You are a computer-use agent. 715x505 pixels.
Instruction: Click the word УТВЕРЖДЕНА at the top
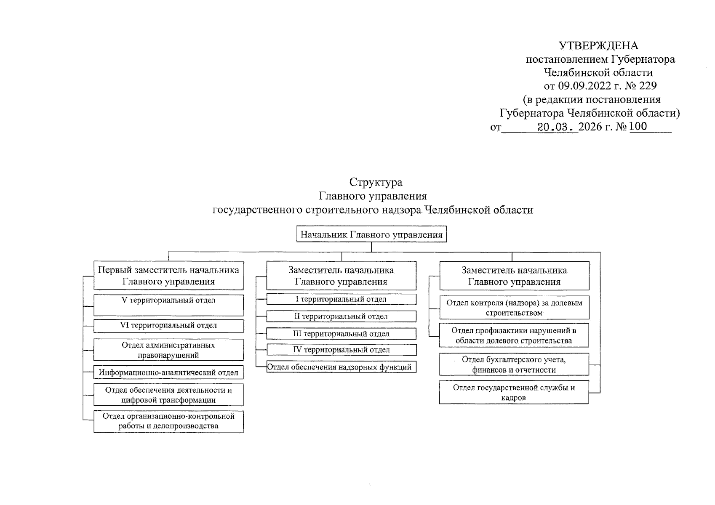pyautogui.click(x=598, y=45)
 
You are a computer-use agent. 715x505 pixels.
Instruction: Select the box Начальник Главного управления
pyautogui.click(x=371, y=235)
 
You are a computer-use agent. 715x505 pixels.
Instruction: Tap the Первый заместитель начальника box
pyautogui.click(x=168, y=276)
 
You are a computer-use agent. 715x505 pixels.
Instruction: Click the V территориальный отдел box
pyautogui.click(x=168, y=305)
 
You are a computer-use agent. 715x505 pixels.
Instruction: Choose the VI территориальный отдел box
pyautogui.click(x=168, y=326)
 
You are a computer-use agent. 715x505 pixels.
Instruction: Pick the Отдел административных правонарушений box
pyautogui.click(x=168, y=350)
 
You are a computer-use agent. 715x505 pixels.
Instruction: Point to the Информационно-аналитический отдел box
pyautogui.click(x=168, y=372)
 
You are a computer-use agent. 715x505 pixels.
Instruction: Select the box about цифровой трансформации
pyautogui.click(x=168, y=395)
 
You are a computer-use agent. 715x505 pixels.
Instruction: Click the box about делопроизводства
pyautogui.click(x=168, y=421)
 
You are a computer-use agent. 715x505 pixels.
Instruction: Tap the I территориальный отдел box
pyautogui.click(x=341, y=299)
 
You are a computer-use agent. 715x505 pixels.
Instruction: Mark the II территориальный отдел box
pyautogui.click(x=341, y=316)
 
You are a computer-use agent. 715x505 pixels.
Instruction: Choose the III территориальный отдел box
pyautogui.click(x=341, y=334)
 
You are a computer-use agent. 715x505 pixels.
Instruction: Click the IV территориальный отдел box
pyautogui.click(x=341, y=350)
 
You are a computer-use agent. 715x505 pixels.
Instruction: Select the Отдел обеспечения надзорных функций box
pyautogui.click(x=341, y=367)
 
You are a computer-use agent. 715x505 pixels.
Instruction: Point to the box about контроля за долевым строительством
pyautogui.click(x=514, y=308)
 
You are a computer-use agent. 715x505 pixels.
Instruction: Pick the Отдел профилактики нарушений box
pyautogui.click(x=514, y=335)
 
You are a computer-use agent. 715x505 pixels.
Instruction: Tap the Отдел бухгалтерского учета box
pyautogui.click(x=514, y=364)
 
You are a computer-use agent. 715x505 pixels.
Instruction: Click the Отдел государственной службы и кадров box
pyautogui.click(x=514, y=392)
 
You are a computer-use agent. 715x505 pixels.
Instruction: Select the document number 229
pyautogui.click(x=648, y=86)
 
